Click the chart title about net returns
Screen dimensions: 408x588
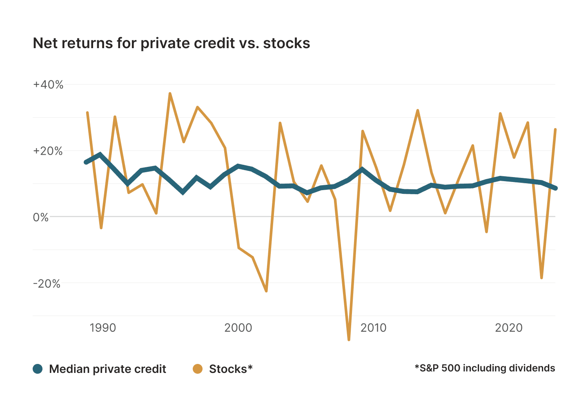point(171,43)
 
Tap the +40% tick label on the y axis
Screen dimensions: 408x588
point(48,85)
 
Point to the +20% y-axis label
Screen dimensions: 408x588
point(48,151)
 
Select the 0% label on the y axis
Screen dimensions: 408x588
point(41,217)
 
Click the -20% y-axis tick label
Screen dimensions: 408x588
point(47,284)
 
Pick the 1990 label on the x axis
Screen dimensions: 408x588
point(103,328)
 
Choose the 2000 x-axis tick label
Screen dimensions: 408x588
point(238,328)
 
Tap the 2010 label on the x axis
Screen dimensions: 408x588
point(373,328)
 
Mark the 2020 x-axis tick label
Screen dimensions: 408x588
point(508,328)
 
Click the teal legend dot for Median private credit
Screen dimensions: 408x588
point(38,369)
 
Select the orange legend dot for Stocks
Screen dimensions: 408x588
point(198,369)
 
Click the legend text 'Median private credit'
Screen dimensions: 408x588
point(107,369)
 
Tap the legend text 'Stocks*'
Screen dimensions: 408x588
point(231,369)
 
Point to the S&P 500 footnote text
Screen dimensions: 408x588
point(485,368)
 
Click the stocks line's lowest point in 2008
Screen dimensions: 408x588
point(349,339)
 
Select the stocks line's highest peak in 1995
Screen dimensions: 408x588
point(170,93)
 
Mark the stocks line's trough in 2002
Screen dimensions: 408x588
point(266,291)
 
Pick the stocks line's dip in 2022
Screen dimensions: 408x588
point(541,278)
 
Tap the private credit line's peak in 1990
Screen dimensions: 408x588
point(100,155)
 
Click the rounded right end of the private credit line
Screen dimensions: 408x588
point(555,188)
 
